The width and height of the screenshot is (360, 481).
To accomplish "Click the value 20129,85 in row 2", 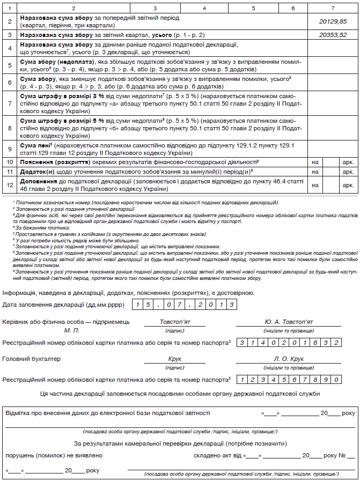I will [x=333, y=21].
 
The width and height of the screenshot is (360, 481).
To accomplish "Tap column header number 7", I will [x=333, y=9].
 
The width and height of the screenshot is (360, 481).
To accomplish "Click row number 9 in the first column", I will [x=10, y=148].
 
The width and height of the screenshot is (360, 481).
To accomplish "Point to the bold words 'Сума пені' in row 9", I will [x=33, y=145].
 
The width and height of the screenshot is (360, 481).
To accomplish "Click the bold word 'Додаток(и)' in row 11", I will [x=38, y=172].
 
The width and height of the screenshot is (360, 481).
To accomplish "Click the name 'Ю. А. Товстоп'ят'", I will [x=289, y=322].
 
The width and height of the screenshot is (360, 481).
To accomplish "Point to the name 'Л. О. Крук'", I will [x=289, y=359].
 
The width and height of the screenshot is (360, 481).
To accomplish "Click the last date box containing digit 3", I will [x=231, y=305].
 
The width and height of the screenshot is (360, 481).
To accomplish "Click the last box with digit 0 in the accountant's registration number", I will [x=336, y=379].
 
